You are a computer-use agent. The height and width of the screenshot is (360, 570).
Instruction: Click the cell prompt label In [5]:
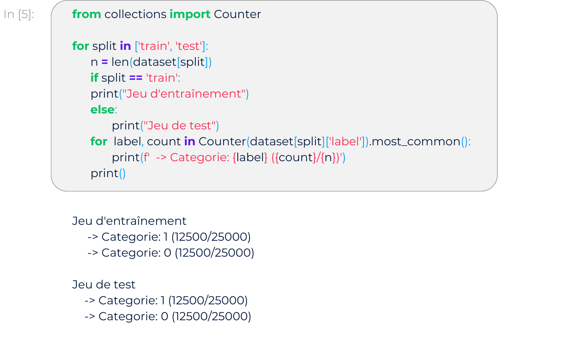point(19,14)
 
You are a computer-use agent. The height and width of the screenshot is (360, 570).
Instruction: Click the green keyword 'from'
point(86,14)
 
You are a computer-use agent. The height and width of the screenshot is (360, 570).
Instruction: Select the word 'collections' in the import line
point(135,14)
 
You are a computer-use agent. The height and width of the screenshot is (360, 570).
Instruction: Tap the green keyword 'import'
point(190,14)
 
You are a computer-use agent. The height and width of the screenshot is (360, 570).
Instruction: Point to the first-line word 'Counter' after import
point(237,14)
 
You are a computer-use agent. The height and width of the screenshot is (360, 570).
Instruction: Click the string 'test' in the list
point(188,46)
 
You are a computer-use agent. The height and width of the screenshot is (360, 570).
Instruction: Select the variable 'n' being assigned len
point(94,62)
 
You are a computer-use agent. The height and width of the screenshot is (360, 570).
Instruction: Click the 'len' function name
point(120,62)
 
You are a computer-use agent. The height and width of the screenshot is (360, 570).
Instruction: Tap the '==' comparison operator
point(136,78)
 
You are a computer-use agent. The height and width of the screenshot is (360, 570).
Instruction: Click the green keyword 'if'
point(94,78)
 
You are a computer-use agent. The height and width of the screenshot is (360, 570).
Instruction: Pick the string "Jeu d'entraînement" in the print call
point(184,94)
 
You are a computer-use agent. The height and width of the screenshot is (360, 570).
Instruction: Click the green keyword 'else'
point(102,110)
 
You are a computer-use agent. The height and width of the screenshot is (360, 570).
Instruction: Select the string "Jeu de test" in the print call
point(179,126)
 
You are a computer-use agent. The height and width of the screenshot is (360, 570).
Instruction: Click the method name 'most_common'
point(416,142)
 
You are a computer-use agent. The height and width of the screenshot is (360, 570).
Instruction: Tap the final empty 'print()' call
point(108,173)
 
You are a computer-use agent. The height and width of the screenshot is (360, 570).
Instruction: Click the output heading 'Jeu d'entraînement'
point(129,221)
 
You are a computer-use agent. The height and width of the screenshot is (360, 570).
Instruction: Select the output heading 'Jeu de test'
point(104,284)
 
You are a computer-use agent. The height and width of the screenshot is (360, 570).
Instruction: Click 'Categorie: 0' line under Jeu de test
point(167,316)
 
